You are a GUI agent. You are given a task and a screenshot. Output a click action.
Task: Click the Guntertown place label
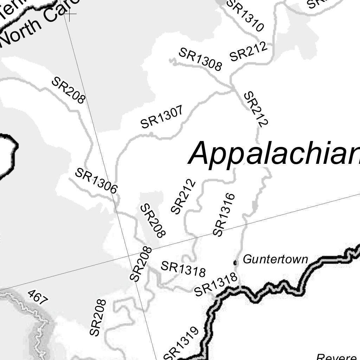click(275, 260)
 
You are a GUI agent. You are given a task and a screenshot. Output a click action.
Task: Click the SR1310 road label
click(245, 15)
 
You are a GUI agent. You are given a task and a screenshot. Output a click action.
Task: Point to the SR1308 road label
click(200, 59)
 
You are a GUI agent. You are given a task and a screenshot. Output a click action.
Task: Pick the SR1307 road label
click(162, 117)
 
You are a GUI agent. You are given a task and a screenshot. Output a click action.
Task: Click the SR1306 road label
click(96, 181)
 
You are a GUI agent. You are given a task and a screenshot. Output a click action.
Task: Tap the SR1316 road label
click(224, 214)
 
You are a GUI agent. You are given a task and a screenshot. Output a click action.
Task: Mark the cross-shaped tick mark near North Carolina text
click(70, 15)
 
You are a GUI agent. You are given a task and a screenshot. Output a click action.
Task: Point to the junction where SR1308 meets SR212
click(232, 86)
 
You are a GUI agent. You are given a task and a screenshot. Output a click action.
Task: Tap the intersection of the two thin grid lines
click(129, 256)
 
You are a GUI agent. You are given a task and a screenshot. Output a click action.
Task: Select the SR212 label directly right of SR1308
click(249, 52)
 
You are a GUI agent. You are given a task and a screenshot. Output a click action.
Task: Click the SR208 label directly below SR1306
click(153, 221)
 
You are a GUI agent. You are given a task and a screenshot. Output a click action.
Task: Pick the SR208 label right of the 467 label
click(97, 317)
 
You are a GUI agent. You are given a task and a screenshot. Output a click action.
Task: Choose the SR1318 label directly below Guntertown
click(216, 285)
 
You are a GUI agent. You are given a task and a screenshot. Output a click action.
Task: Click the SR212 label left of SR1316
click(183, 197)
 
